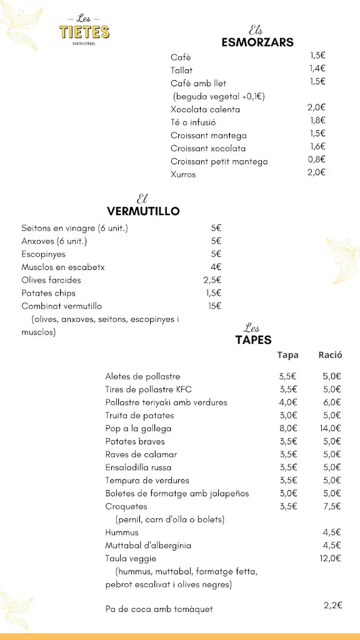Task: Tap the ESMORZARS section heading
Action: click(x=257, y=42)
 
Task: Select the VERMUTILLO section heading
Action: click(x=143, y=211)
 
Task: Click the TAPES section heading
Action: click(x=253, y=340)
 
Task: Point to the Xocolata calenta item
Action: click(x=205, y=109)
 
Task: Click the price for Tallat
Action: click(x=317, y=68)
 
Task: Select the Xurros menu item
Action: click(x=183, y=174)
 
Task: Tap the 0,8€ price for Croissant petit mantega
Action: click(x=317, y=159)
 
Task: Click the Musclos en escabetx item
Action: click(x=63, y=267)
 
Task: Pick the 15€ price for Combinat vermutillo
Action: click(x=214, y=306)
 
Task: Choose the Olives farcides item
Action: click(x=51, y=280)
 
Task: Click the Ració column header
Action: click(x=330, y=355)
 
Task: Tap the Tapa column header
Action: click(x=288, y=355)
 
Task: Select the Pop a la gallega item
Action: click(x=138, y=429)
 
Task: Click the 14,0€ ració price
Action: click(x=330, y=428)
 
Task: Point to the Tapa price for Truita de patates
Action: click(x=287, y=415)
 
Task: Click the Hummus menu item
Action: click(x=122, y=532)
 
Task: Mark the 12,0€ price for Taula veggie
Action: click(x=330, y=558)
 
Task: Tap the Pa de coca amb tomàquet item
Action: click(x=159, y=609)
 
